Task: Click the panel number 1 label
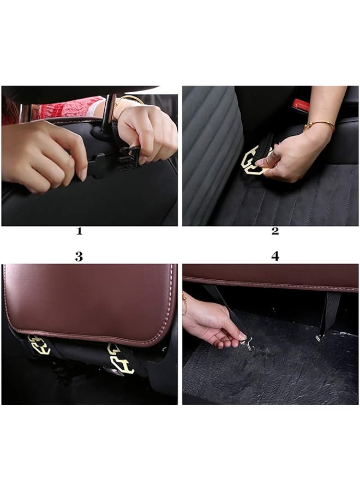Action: coord(79,231)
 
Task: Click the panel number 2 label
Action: coord(275,231)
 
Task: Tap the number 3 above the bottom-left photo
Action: coord(79,257)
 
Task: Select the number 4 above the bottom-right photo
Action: coord(275,256)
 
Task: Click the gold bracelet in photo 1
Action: coord(125,100)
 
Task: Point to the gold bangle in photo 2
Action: coord(319,124)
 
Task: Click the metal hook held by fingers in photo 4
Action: coord(247,344)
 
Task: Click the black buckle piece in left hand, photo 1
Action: coord(96,166)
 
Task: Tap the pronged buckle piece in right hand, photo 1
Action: coord(130,158)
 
